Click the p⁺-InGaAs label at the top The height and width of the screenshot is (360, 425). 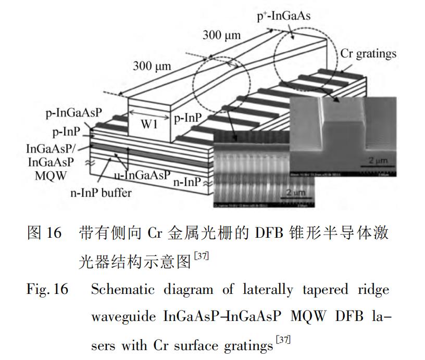tap(284, 17)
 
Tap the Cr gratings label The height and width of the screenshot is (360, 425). tap(368, 54)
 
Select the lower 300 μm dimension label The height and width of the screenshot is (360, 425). tap(152, 66)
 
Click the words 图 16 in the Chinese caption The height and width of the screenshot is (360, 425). tap(44, 233)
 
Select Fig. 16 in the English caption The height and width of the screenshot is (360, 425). tap(47, 289)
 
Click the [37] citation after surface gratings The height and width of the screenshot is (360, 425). tap(283, 341)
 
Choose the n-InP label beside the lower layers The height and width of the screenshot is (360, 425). tap(186, 183)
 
